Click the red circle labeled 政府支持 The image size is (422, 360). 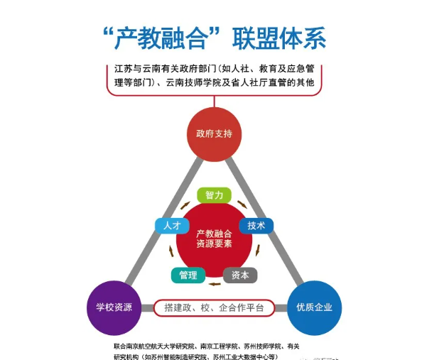[x=215, y=134]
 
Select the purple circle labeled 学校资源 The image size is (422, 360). [x=114, y=307]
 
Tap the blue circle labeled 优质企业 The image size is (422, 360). [x=314, y=307]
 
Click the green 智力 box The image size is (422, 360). [x=215, y=195]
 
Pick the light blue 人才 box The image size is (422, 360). [x=172, y=226]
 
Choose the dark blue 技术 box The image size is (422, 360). [x=256, y=226]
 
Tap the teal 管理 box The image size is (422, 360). [x=188, y=276]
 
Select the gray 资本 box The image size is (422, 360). [x=240, y=276]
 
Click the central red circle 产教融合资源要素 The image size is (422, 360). [x=215, y=239]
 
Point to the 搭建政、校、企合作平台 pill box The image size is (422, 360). [x=215, y=307]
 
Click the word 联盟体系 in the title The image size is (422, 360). [x=279, y=38]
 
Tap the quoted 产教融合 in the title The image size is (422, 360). [x=162, y=38]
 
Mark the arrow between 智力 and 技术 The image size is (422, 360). [x=242, y=204]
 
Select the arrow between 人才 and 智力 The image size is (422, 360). [x=185, y=205]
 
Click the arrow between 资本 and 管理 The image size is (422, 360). [x=215, y=284]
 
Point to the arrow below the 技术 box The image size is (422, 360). [x=258, y=250]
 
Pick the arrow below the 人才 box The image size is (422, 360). [x=171, y=251]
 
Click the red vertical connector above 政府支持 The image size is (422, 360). [x=215, y=102]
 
